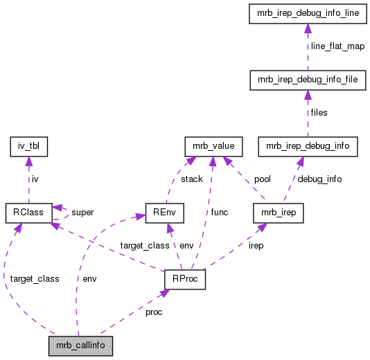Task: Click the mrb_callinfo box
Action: [x=80, y=345]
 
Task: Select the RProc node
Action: [x=184, y=279]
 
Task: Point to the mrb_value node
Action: [x=213, y=146]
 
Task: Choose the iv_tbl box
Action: [x=27, y=146]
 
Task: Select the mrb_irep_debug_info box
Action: [x=307, y=146]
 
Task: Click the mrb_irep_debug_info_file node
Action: [x=307, y=80]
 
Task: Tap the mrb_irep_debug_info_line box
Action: [x=307, y=13]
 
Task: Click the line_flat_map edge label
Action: [x=337, y=46]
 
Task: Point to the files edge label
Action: [x=319, y=112]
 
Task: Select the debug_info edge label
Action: [x=319, y=179]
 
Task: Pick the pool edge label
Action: [x=262, y=179]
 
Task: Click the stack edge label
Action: [x=191, y=179]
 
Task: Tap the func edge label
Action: [x=220, y=212]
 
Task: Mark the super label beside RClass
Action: [x=82, y=212]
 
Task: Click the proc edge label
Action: [x=154, y=312]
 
